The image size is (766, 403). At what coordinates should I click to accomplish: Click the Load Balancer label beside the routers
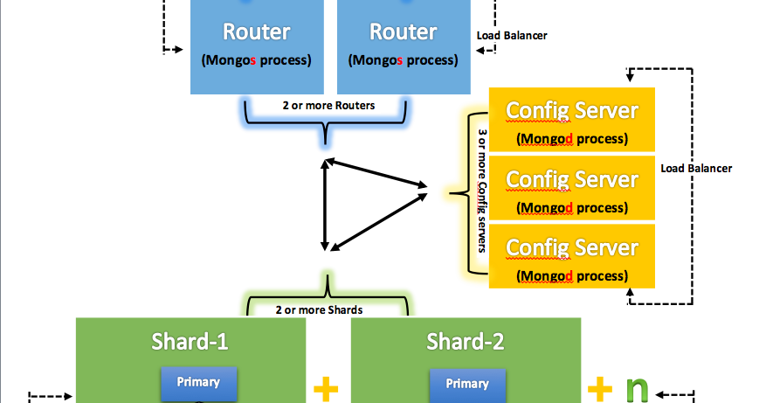[x=512, y=36]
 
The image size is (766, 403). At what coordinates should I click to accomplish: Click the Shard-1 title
[x=190, y=341]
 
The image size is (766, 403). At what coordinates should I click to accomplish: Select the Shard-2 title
[x=466, y=341]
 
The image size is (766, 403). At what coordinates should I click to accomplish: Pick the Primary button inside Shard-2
[x=467, y=383]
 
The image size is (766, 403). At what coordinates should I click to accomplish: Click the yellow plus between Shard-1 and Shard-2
[x=327, y=388]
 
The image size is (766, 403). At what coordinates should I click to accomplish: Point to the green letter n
[x=638, y=387]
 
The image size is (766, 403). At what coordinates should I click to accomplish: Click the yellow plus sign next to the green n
[x=600, y=387]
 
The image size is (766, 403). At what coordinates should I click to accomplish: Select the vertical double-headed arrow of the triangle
[x=325, y=208]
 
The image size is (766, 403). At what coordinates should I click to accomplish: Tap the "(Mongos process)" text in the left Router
[x=256, y=61]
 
